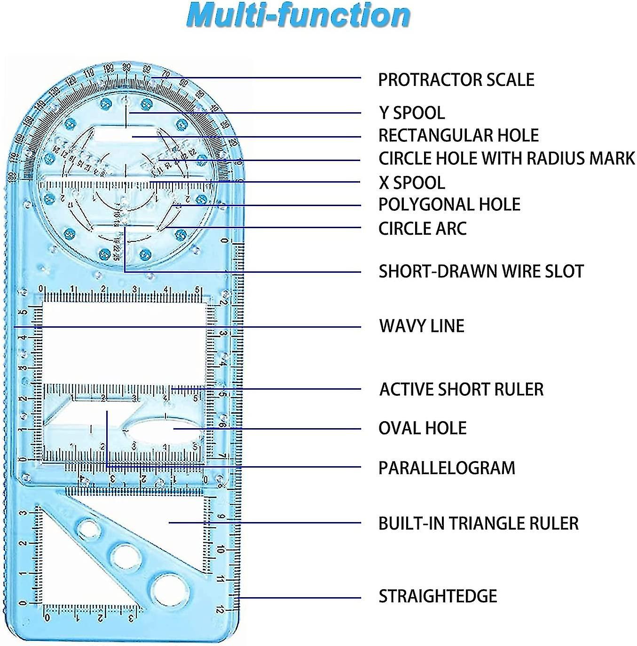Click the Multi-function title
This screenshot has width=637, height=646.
tap(298, 15)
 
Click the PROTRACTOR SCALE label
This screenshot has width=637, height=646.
tap(456, 80)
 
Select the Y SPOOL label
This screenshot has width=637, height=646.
tap(412, 113)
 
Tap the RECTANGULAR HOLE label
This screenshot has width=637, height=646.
tap(458, 136)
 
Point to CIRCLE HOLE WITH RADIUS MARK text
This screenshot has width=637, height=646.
tap(507, 159)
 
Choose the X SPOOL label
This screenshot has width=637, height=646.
tap(412, 183)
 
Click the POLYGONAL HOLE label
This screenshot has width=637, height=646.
tap(449, 205)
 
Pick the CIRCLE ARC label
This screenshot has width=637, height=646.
tap(422, 229)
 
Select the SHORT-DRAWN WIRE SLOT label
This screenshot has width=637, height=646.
tap(481, 271)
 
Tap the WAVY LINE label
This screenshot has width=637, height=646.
tap(422, 326)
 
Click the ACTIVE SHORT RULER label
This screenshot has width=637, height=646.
tap(461, 389)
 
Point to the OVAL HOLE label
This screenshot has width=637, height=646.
tap(422, 428)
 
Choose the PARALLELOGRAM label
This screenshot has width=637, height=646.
tap(447, 468)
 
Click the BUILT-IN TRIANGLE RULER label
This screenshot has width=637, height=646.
tap(478, 523)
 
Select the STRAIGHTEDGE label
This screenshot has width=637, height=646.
tap(438, 596)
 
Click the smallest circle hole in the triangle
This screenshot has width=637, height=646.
tap(90, 529)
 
